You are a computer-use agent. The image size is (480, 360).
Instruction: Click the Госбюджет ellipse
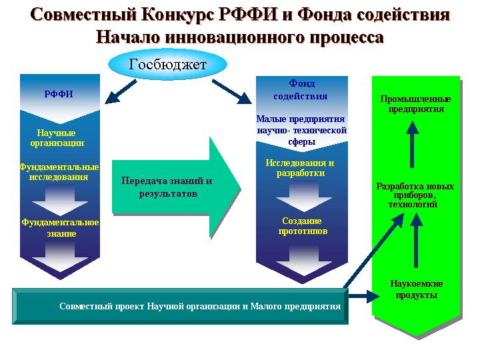tap(168, 65)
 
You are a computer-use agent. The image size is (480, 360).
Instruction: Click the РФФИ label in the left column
tap(59, 94)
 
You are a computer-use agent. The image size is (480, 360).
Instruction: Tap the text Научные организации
tap(57, 138)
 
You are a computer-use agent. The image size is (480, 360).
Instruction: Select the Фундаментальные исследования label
tap(59, 172)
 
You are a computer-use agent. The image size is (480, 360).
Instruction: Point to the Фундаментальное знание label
tap(60, 228)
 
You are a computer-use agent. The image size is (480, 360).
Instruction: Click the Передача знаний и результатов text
tap(167, 187)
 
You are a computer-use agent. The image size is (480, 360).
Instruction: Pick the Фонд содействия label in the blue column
tap(301, 90)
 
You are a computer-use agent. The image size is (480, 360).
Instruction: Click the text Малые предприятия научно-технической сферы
tap(301, 130)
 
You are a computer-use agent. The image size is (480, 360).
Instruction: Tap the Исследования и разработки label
tap(300, 168)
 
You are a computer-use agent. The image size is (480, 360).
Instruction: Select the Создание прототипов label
tap(303, 226)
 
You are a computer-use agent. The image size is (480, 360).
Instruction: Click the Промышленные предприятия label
tap(416, 104)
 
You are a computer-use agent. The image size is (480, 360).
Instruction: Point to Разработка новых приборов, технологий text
tap(415, 195)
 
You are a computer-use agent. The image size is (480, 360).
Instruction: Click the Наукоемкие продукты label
tap(416, 289)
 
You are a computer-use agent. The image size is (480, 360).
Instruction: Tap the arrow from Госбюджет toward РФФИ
tap(121, 92)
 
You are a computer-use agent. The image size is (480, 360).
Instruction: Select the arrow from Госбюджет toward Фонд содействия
tap(232, 92)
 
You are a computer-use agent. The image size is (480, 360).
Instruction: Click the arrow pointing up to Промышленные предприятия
tap(413, 144)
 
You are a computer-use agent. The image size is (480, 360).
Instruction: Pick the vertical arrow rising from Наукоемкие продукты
tap(416, 241)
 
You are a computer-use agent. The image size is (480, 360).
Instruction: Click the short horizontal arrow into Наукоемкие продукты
tap(364, 296)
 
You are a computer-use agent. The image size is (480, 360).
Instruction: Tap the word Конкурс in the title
tap(179, 15)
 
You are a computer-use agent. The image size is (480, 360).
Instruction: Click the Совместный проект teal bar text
tap(200, 306)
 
